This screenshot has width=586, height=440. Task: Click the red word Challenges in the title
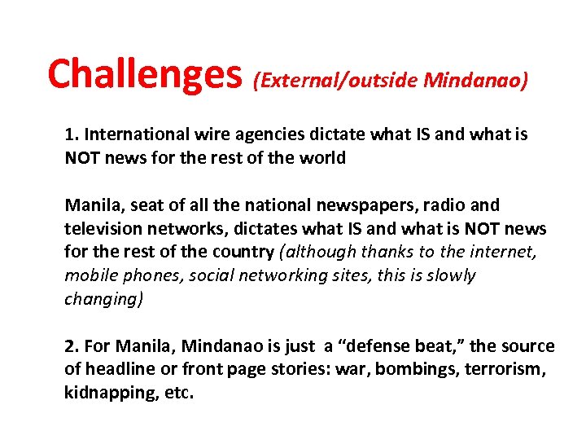pyautogui.click(x=145, y=74)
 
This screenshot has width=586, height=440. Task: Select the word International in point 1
pyautogui.click(x=135, y=134)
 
